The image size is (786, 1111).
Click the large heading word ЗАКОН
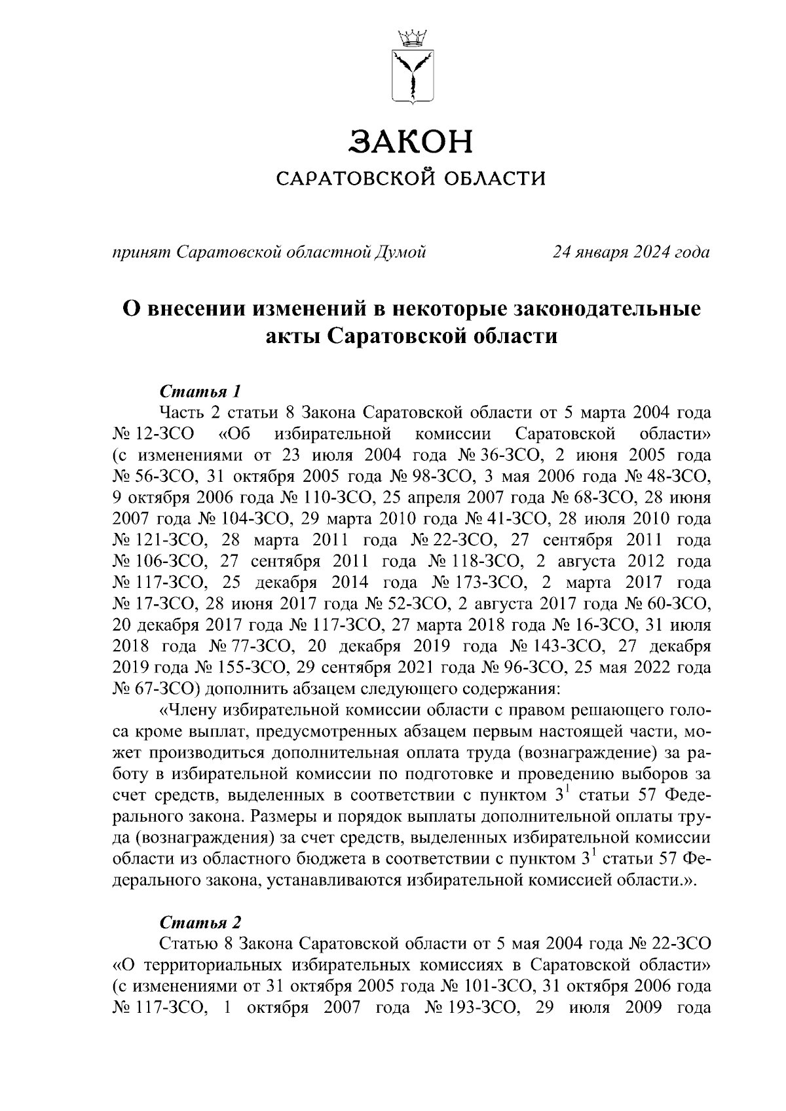pyautogui.click(x=411, y=142)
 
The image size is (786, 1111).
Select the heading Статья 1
pyautogui.click(x=200, y=392)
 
